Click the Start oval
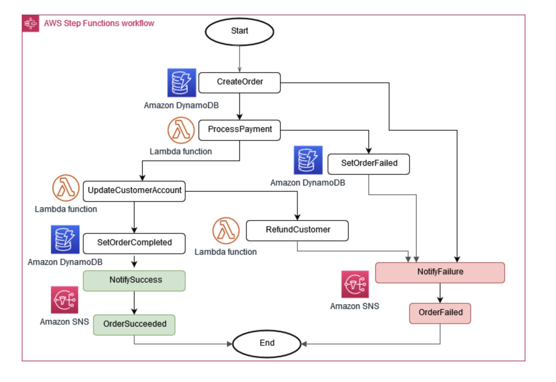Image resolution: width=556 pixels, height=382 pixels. tap(240, 32)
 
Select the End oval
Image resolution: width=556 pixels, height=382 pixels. tap(267, 343)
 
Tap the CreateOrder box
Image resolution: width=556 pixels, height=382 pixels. tap(240, 82)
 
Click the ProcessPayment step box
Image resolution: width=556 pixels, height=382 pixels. tap(240, 130)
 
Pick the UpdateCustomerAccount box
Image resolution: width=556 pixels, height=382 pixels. tap(134, 191)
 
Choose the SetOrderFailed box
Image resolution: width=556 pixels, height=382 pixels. tap(369, 164)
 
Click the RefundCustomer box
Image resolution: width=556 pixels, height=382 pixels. tap(297, 230)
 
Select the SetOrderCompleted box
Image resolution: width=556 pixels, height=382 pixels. tap(134, 243)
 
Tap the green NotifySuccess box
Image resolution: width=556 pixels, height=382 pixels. tap(134, 281)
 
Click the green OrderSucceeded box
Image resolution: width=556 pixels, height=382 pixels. tap(134, 325)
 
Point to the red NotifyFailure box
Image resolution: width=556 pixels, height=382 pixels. tap(440, 272)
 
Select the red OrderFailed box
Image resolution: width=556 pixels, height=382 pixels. tap(440, 313)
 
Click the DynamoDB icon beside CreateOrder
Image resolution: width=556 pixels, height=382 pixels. tap(182, 83)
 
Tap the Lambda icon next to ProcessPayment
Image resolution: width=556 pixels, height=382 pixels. tap(181, 130)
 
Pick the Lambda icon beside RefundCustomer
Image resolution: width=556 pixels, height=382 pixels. tap(226, 231)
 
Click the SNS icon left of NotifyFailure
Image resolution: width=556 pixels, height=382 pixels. tap(355, 284)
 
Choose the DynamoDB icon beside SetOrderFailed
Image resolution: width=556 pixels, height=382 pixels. tap(308, 160)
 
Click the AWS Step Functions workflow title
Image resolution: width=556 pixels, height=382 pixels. tap(99, 23)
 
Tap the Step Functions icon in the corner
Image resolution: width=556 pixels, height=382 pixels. tap(31, 23)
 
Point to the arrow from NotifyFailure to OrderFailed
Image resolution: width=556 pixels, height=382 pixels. tap(440, 293)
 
